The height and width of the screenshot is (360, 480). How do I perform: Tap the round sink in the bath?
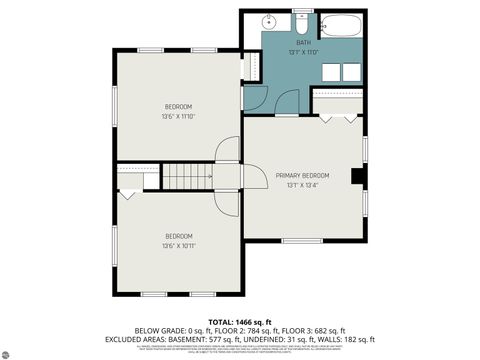pos(269,22)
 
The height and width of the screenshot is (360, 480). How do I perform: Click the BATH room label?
pos(303,42)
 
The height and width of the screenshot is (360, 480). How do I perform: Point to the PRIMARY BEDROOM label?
pos(302,175)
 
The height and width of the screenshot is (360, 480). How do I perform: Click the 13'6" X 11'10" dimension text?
pos(178,116)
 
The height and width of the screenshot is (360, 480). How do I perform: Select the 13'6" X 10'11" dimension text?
pos(178,245)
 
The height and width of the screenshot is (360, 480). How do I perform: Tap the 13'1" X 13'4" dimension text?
pos(302,185)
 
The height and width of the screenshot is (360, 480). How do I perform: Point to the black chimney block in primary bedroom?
pos(356,176)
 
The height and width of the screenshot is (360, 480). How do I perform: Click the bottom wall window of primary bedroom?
pos(301,240)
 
